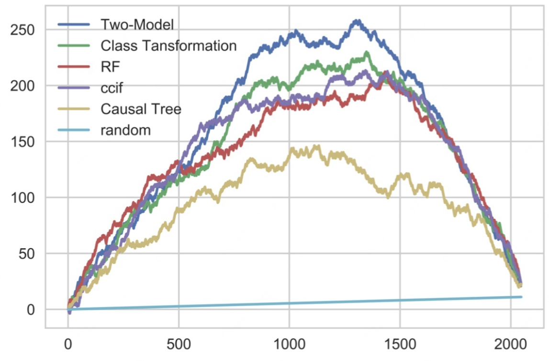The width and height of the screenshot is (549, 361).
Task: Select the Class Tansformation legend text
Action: [168, 45]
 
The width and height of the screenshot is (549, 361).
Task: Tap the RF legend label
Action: [110, 66]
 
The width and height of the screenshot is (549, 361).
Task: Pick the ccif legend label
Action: [113, 88]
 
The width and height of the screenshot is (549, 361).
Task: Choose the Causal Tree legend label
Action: [141, 109]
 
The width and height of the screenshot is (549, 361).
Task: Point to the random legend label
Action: [125, 130]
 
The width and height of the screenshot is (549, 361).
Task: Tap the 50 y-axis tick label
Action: [26, 253]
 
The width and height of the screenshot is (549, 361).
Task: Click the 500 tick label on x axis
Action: [178, 345]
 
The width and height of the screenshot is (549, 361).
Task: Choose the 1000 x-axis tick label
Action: [289, 345]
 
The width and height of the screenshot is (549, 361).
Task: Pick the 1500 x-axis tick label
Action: [400, 345]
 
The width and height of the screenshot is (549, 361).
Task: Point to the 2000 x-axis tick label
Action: [510, 345]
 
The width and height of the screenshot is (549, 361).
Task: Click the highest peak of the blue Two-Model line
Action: [356, 21]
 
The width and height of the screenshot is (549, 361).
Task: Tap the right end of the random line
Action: [521, 297]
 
